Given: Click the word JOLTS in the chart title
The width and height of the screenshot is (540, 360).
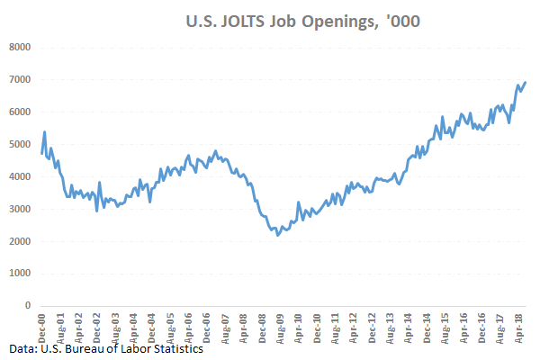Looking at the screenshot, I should pyautogui.click(x=237, y=20).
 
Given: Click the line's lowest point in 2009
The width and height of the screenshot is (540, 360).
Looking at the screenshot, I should pyautogui.click(x=278, y=235).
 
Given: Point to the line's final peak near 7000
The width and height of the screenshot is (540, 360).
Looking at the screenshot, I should pyautogui.click(x=526, y=83).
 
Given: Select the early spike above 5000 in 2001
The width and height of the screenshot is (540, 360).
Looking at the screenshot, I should pyautogui.click(x=45, y=131).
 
